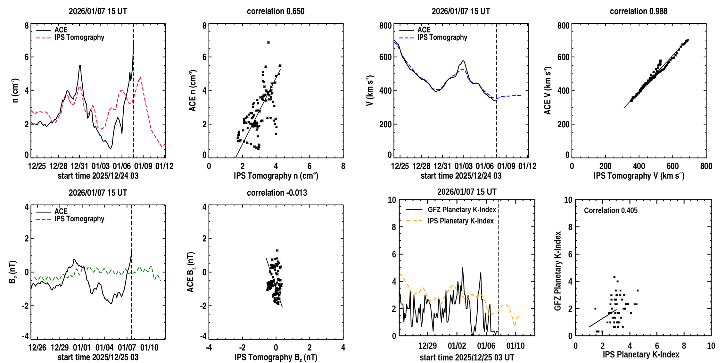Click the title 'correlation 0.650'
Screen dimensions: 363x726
(276, 11)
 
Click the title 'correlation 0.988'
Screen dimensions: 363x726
(639, 11)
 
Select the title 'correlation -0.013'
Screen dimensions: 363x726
(277, 193)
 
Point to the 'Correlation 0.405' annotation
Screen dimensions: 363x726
(611, 210)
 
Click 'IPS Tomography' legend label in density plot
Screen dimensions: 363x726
(79, 38)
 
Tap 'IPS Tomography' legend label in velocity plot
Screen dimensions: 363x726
(442, 38)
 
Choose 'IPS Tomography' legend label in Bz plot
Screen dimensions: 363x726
(79, 219)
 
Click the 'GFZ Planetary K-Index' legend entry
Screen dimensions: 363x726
(462, 210)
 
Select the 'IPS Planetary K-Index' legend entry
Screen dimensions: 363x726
(461, 221)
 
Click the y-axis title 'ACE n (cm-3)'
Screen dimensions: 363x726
(193, 91)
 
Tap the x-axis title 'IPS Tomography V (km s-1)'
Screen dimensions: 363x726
(639, 176)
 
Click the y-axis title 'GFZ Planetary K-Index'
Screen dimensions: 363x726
(558, 271)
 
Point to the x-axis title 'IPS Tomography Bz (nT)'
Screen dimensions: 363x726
(276, 357)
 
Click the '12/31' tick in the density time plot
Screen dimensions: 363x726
(79, 166)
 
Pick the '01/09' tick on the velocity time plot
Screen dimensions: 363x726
(506, 166)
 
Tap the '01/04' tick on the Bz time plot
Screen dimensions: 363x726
(104, 348)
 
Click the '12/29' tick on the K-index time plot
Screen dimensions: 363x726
(427, 346)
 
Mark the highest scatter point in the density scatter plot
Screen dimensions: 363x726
(268, 42)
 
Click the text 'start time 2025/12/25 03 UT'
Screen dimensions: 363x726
(467, 357)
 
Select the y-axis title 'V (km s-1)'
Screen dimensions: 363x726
(370, 90)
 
